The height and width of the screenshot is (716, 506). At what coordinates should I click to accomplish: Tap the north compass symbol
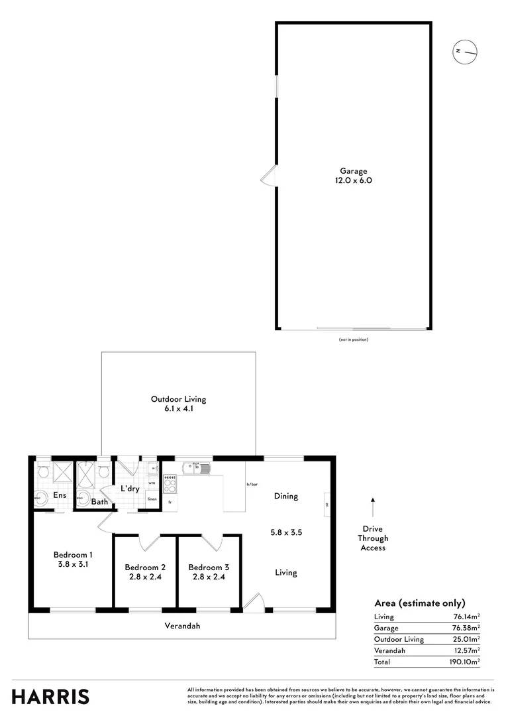(466, 50)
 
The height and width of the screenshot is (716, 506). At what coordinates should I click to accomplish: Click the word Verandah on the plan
(182, 625)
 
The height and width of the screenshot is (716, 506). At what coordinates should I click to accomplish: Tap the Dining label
(286, 496)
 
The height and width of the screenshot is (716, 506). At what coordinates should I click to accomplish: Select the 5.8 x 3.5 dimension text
(286, 532)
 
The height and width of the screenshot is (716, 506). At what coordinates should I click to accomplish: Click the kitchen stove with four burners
(170, 484)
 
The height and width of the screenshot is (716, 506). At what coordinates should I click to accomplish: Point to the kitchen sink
(198, 469)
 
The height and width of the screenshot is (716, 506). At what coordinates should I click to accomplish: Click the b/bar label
(252, 485)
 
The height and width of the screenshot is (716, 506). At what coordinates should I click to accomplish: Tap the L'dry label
(129, 489)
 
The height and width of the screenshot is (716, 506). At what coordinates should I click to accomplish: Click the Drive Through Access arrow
(372, 507)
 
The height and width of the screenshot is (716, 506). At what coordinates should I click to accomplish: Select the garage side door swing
(270, 176)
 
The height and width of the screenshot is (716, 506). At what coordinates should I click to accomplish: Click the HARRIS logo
(50, 696)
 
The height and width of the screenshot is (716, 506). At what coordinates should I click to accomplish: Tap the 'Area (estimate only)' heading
(419, 603)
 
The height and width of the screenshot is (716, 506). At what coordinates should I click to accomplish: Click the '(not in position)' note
(353, 339)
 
